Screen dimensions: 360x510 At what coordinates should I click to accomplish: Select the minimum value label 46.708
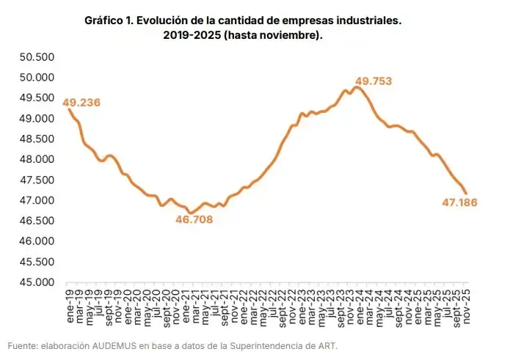click(194, 218)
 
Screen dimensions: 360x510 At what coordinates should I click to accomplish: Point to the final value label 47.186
click(459, 202)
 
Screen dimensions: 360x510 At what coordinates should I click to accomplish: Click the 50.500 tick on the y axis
click(36, 57)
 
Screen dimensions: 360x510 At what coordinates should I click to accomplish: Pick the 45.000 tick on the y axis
click(36, 282)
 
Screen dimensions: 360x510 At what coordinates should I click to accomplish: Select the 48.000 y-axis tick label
click(36, 159)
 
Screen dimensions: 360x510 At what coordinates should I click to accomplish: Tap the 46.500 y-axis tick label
click(36, 221)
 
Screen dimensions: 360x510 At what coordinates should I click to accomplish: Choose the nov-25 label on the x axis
click(465, 302)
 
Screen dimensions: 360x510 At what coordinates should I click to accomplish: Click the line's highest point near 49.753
click(357, 87)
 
